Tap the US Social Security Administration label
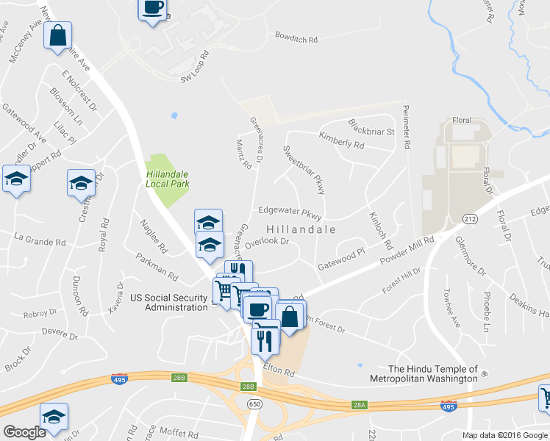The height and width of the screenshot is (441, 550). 168,302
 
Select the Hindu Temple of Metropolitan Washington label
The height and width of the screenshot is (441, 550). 432,373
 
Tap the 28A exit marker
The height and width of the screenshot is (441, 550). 359,404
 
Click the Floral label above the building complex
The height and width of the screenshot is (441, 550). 461,119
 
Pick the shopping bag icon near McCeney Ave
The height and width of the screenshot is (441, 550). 58,34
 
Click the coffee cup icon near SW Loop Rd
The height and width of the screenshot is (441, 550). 153,8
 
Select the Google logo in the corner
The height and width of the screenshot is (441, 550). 25,432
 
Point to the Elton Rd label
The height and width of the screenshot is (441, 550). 280,373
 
